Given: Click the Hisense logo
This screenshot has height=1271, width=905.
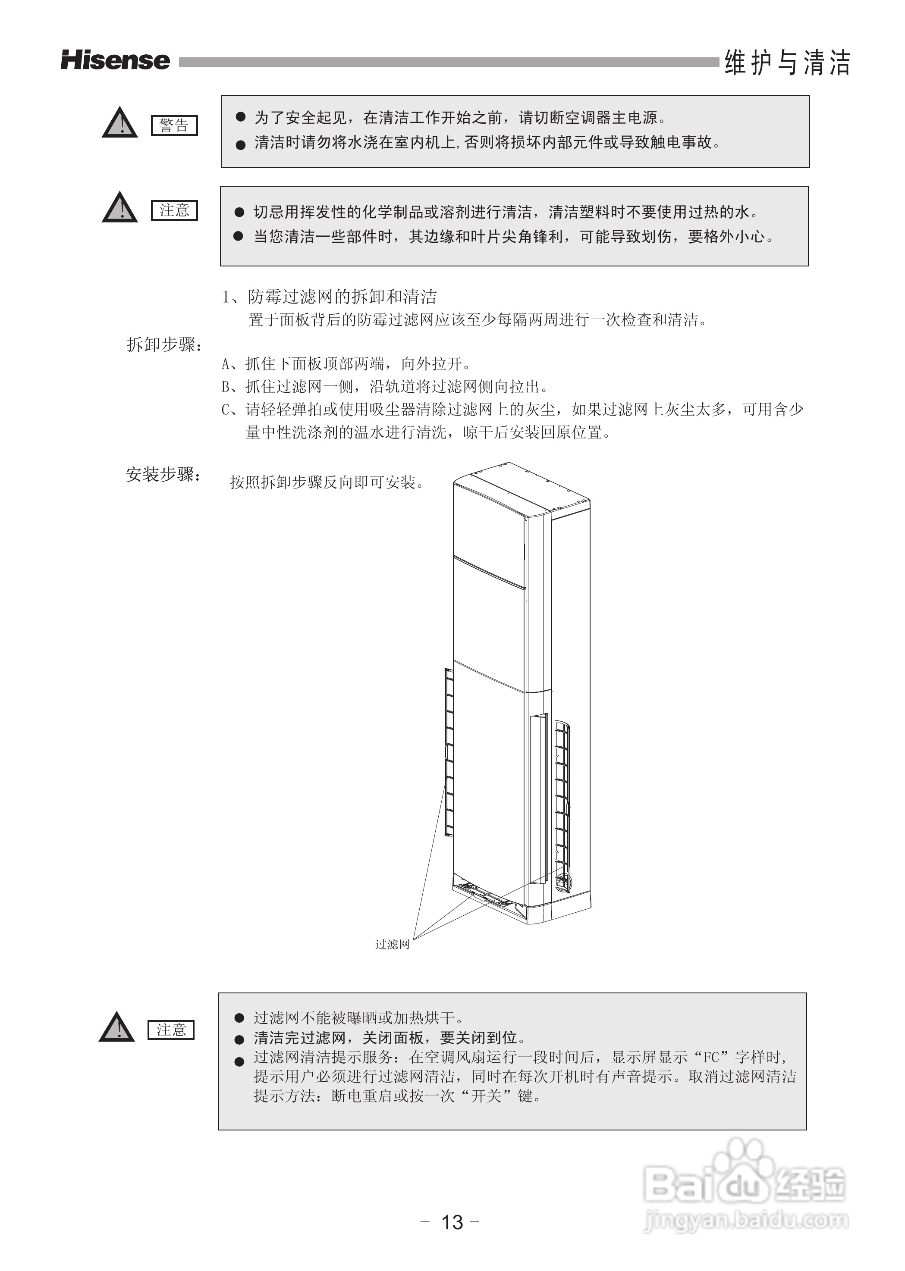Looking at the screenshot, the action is (x=115, y=60).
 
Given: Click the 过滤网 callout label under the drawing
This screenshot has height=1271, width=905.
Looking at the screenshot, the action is (x=392, y=944).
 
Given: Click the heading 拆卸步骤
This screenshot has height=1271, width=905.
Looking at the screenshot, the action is (x=164, y=345).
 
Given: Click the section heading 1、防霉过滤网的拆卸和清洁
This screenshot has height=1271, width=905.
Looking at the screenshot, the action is (x=329, y=297).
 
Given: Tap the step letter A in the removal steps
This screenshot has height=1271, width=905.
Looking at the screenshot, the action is (x=226, y=364).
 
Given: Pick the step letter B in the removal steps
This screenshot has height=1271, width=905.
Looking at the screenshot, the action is (x=226, y=387).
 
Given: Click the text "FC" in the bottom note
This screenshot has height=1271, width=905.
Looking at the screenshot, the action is (x=712, y=1057).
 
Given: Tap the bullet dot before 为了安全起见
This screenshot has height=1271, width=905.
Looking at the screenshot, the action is (x=241, y=117).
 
